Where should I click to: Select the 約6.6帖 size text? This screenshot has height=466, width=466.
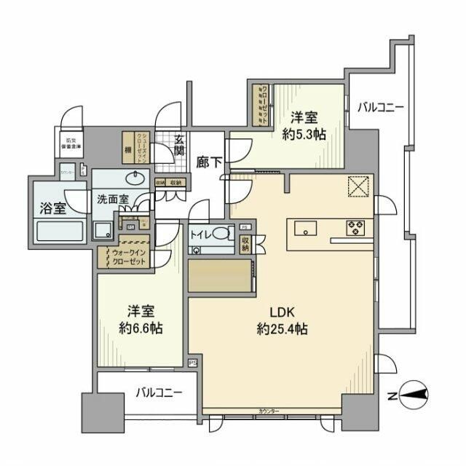[x=141, y=329]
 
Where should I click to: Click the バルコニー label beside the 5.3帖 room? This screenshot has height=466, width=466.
[x=379, y=108]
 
